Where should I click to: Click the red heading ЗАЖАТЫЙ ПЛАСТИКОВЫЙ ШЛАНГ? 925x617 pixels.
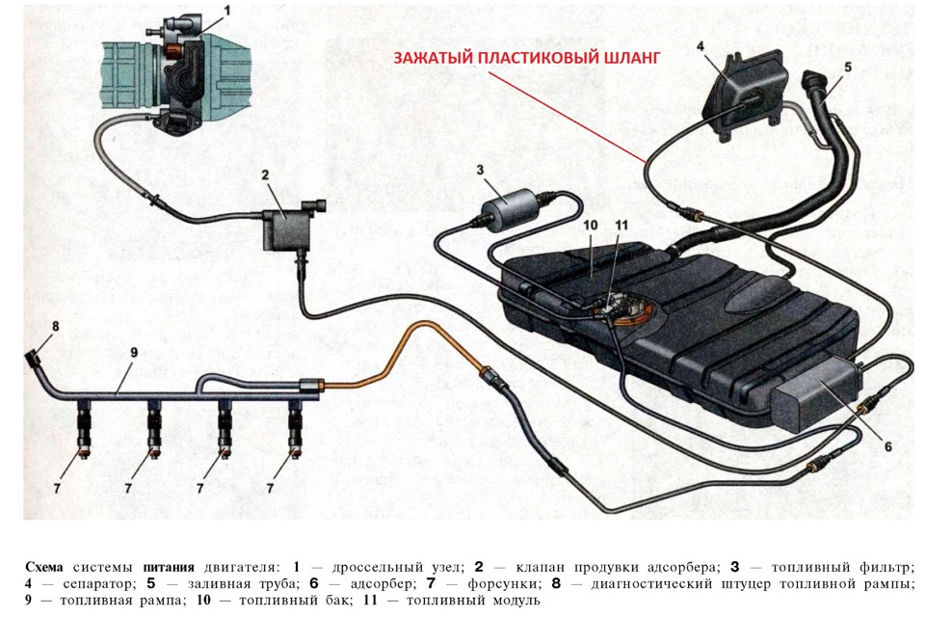[x=527, y=58]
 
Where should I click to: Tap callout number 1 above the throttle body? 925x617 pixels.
[x=227, y=11]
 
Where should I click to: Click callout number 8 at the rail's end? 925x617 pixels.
[x=55, y=326]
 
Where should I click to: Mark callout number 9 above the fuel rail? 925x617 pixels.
[x=134, y=352]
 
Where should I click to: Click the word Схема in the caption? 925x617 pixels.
[x=45, y=566]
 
